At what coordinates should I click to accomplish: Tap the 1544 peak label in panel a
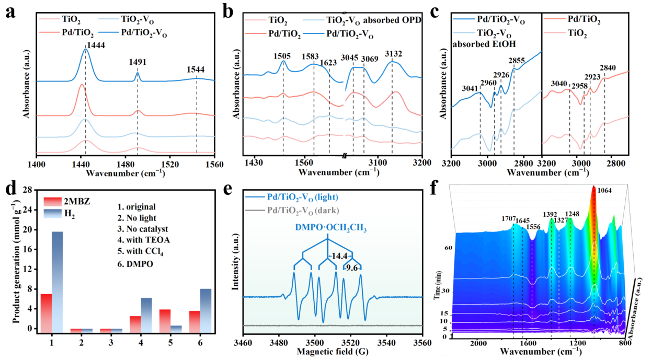[x=197, y=69]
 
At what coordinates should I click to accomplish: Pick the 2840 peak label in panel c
[x=608, y=68]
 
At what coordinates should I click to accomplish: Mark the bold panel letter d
[x=9, y=189]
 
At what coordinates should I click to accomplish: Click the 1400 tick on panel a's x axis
[x=36, y=164]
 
